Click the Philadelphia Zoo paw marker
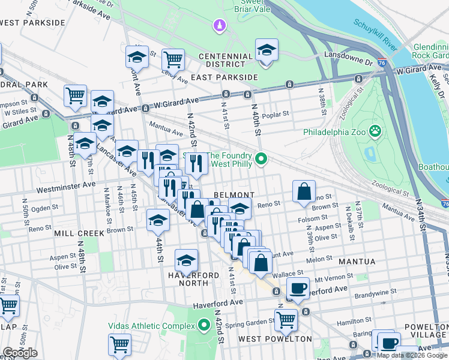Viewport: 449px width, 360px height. tap(375, 130)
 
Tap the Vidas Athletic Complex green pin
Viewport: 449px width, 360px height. tap(203, 326)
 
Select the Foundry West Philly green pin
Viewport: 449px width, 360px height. tap(261, 159)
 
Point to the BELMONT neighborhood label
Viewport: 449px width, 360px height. tap(235, 196)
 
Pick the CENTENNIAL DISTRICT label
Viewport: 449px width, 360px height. tap(226, 61)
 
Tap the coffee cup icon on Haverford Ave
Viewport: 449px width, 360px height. tap(298, 287)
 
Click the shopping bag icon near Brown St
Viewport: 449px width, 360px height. tap(304, 192)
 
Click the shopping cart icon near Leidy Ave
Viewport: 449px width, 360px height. tap(173, 59)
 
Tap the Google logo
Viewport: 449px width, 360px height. tap(20, 353)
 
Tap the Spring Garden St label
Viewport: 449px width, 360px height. tap(250, 320)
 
